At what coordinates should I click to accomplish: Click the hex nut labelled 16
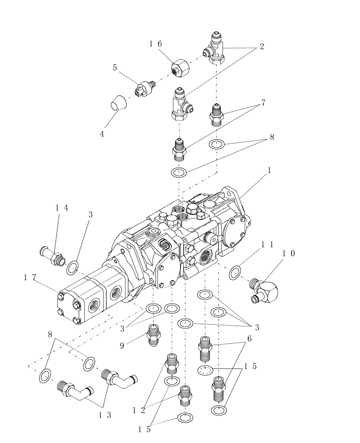click(180, 68)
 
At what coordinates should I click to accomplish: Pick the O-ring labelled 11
click(235, 272)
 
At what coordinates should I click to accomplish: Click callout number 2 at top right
click(262, 47)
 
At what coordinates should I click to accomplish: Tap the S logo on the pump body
click(162, 245)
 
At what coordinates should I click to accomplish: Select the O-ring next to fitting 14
click(73, 267)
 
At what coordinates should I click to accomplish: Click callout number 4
click(102, 133)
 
